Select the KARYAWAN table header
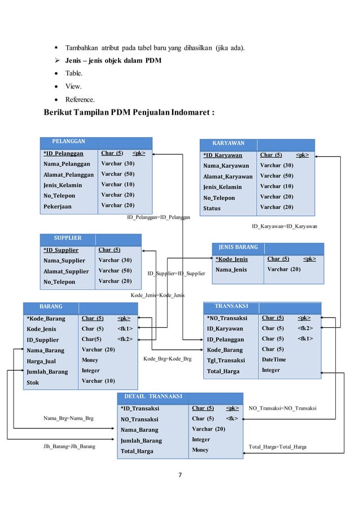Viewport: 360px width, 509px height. pyautogui.click(x=228, y=143)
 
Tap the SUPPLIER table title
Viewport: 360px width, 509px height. pyautogui.click(x=67, y=238)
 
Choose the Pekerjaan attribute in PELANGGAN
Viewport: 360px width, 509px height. pyautogui.click(x=58, y=207)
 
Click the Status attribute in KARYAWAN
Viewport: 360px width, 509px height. pyautogui.click(x=212, y=208)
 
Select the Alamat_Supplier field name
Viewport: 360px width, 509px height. pyautogui.click(x=66, y=271)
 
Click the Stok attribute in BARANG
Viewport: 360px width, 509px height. pyautogui.click(x=34, y=383)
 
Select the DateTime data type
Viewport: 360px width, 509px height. pyautogui.click(x=274, y=359)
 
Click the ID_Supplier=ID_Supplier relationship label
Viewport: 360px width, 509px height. pyautogui.click(x=176, y=274)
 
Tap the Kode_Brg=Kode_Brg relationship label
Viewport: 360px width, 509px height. pyautogui.click(x=167, y=359)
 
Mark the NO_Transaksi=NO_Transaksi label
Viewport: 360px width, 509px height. pyautogui.click(x=282, y=407)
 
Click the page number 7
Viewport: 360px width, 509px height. pyautogui.click(x=180, y=475)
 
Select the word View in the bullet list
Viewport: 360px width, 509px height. pyautogui.click(x=73, y=86)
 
